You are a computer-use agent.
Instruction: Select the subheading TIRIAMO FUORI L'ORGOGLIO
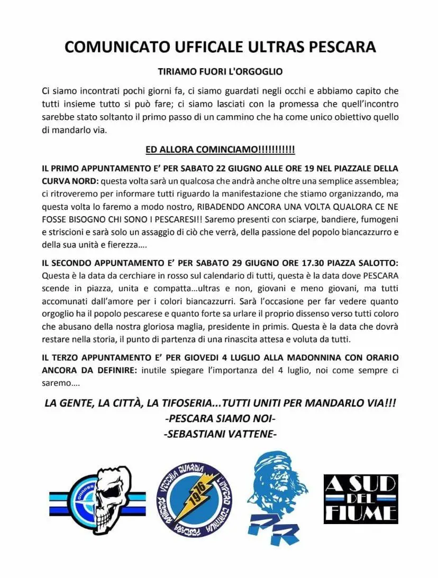pos(221,71)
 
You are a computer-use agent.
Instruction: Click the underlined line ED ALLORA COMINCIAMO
pos(220,150)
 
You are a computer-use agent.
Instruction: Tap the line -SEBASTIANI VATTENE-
pos(220,434)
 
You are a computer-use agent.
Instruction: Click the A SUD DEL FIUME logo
pos(361,499)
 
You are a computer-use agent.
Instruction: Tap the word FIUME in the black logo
pos(361,513)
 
